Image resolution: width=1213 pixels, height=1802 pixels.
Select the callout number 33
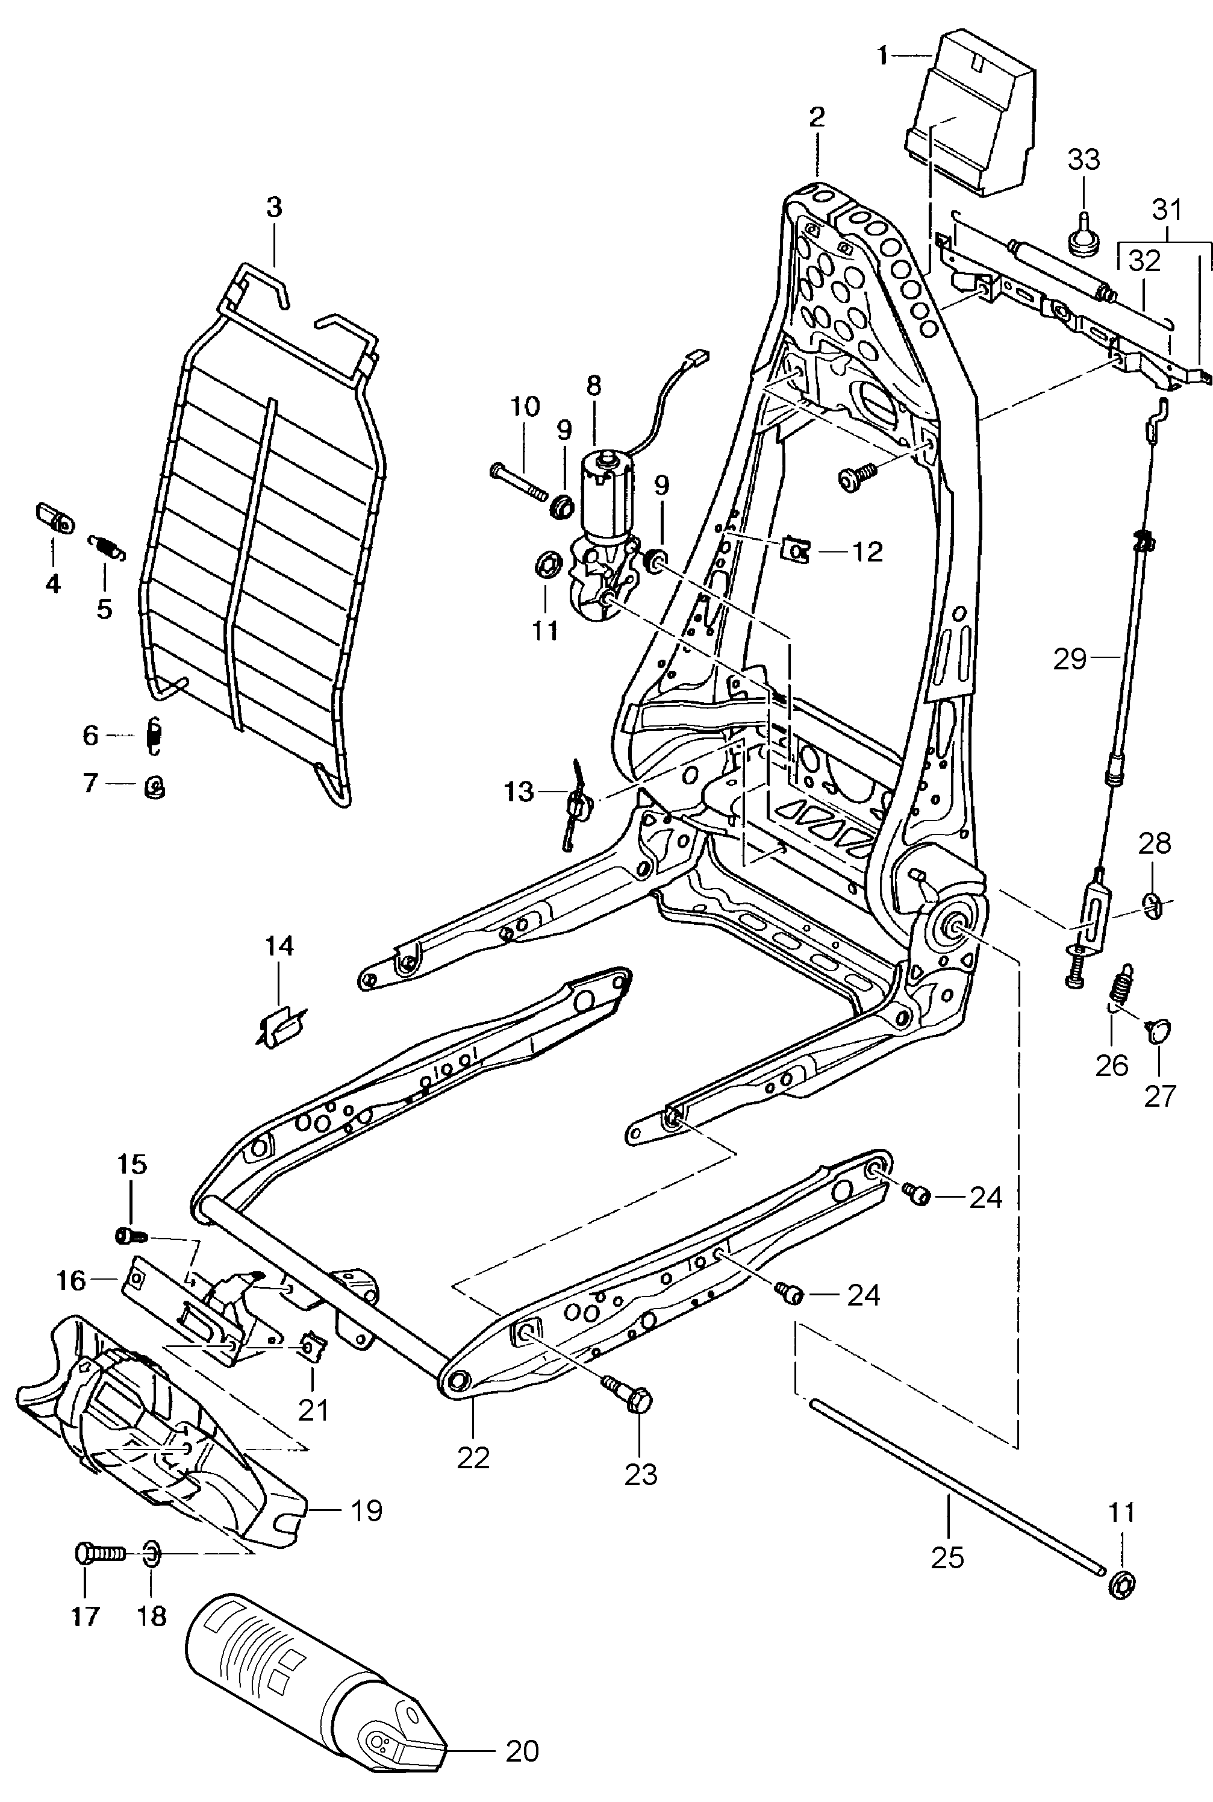point(1083,160)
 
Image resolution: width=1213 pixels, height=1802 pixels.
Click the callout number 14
point(279,945)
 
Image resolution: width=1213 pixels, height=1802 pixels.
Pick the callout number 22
point(473,1458)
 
